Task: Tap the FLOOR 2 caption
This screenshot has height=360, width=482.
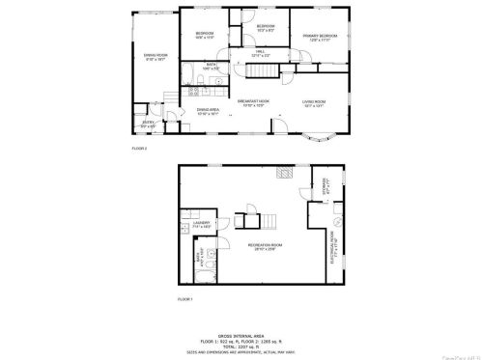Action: [138, 148]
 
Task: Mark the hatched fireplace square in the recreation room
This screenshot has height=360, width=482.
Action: [284, 175]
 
